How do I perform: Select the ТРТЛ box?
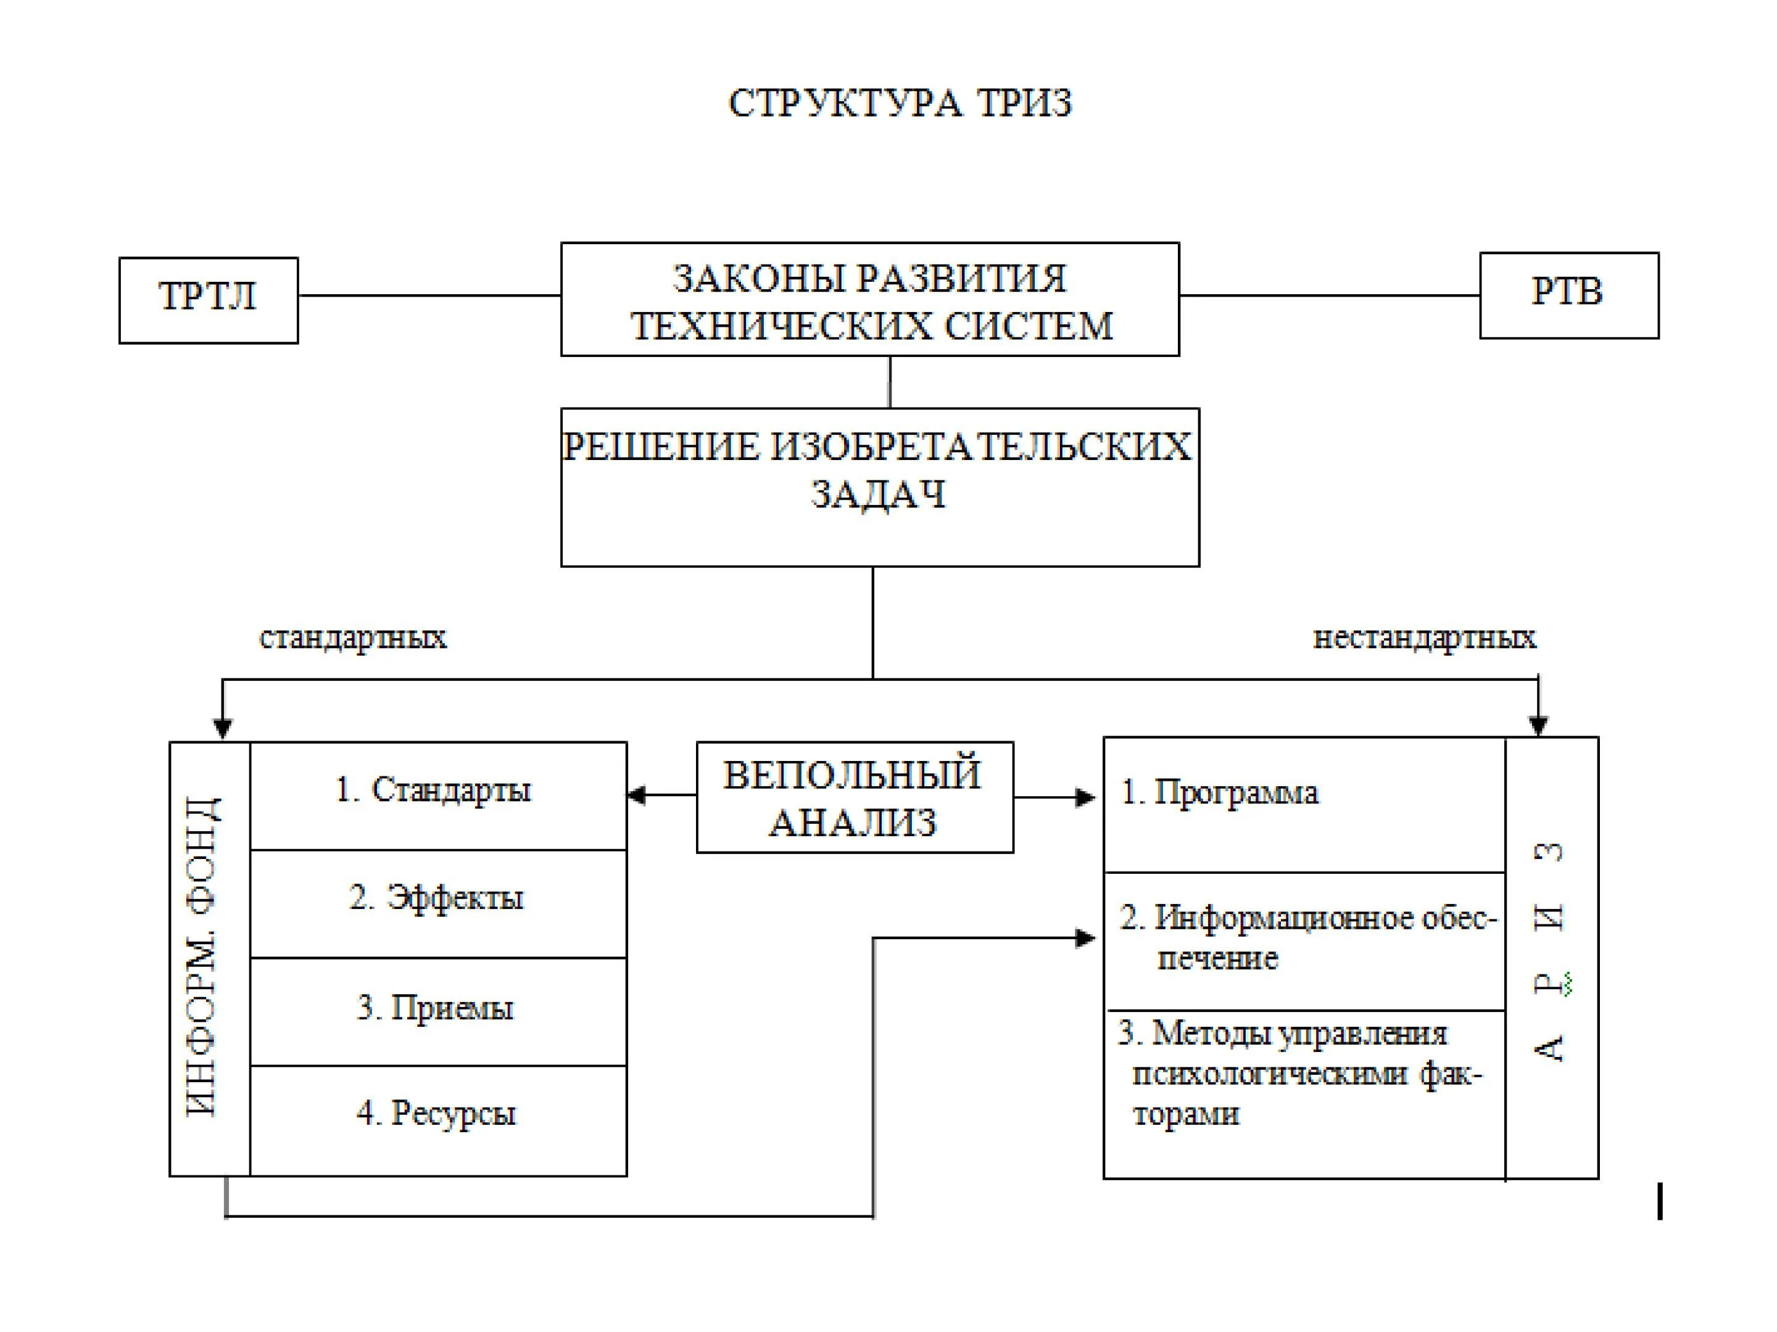pos(208,300)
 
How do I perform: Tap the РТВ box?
pos(1568,295)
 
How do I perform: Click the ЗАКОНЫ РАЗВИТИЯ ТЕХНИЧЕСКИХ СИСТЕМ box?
pos(869,300)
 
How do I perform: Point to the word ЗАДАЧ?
pos(878,495)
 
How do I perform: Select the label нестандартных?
pos(1423,638)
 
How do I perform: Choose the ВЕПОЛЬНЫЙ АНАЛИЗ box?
pos(854,797)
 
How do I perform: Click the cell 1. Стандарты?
pos(438,794)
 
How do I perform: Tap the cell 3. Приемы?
pos(438,1011)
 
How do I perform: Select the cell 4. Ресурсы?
pos(438,1119)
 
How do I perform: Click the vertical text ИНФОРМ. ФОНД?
pos(203,957)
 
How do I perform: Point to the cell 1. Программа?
pos(1303,803)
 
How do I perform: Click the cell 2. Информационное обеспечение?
pos(1303,939)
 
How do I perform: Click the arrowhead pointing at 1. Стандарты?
pos(637,795)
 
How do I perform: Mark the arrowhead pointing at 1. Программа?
pos(1085,797)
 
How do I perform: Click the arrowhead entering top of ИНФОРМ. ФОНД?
pos(223,728)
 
